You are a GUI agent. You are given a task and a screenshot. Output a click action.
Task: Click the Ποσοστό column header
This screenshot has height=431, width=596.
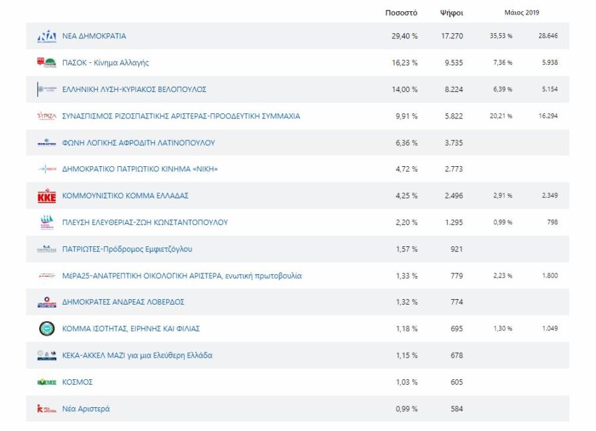401,13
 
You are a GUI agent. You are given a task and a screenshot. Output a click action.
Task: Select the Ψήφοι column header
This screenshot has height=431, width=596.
451,13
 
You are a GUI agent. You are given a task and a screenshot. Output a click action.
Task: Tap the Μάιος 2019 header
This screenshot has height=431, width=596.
522,13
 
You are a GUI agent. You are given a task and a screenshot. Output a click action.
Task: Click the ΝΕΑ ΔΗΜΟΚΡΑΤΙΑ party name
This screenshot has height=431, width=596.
94,36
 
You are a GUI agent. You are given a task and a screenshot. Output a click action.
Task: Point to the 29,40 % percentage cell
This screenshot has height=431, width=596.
405,36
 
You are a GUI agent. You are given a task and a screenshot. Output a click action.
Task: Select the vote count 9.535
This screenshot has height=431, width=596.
452,63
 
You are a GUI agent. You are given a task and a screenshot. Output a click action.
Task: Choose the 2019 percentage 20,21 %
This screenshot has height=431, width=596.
501,116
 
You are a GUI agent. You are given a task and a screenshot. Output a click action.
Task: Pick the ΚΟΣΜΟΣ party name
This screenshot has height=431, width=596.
77,382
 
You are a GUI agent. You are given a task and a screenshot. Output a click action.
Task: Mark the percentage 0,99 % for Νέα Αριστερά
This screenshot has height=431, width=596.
406,409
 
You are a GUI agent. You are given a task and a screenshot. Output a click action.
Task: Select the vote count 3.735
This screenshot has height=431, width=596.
452,143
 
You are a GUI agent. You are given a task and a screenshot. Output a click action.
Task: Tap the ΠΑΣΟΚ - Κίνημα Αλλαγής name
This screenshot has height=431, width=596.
105,63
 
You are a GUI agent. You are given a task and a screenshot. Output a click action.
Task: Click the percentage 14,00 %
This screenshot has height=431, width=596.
405,89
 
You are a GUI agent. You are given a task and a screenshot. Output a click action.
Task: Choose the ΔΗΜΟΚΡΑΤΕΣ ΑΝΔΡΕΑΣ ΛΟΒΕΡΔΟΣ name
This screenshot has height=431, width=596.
123,302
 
